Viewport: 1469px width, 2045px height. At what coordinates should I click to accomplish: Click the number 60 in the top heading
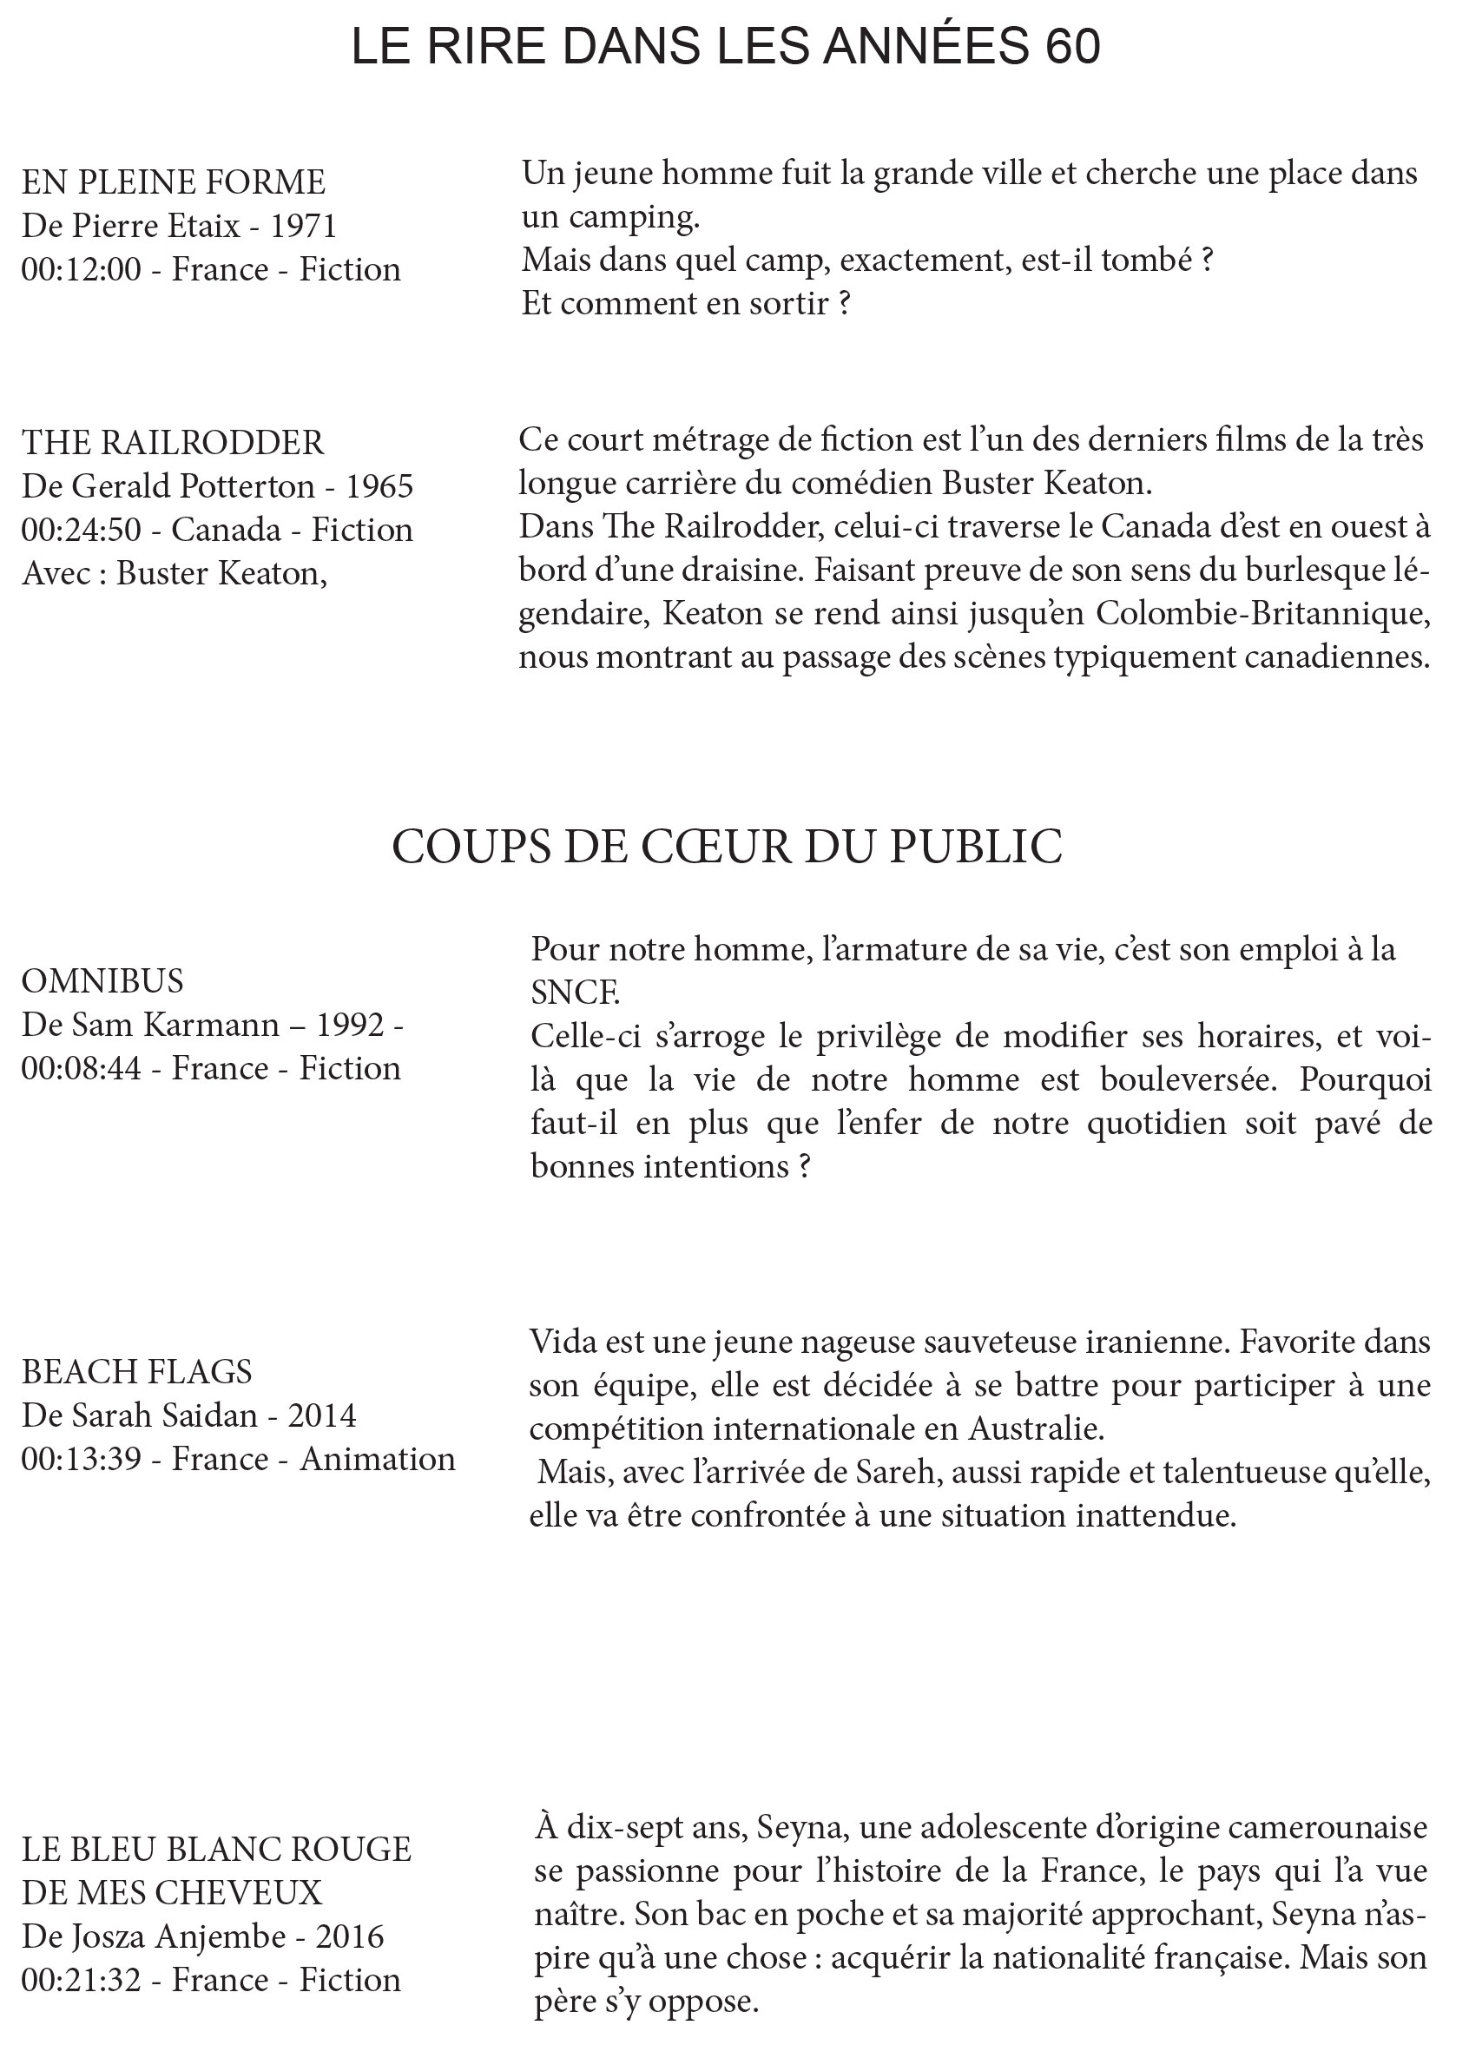pos(1072,47)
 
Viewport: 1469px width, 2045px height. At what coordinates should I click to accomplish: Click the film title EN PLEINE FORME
pos(173,182)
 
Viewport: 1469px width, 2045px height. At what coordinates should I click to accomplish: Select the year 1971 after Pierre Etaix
pos(303,226)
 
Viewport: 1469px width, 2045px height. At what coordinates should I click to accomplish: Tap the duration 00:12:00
pos(81,269)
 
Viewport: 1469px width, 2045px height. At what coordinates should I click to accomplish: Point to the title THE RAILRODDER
pos(172,442)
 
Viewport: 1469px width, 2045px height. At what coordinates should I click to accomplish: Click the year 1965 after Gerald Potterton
pos(379,486)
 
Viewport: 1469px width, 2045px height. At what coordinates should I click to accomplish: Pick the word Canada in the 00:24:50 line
pos(226,530)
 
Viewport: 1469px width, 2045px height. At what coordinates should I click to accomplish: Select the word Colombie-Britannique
pos(1263,613)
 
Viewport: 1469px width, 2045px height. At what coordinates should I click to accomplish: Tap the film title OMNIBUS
pos(102,980)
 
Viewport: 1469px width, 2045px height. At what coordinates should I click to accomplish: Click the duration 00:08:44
pos(81,1067)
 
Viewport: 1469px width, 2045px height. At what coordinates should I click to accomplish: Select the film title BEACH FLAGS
pos(137,1371)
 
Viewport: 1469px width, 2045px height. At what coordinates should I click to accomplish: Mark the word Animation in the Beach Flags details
pos(377,1459)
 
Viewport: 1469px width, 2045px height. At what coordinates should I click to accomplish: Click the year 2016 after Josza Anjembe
pos(350,1936)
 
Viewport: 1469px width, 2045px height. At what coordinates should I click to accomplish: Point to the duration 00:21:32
pos(81,1980)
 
